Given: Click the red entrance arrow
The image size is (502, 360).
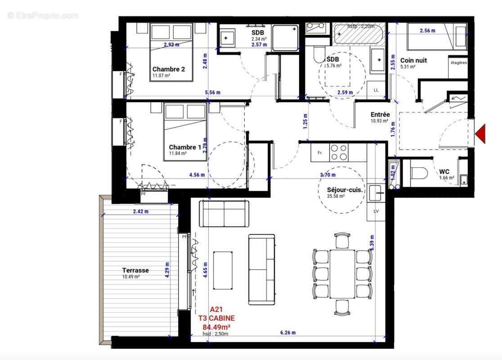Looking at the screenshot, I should pos(481,134).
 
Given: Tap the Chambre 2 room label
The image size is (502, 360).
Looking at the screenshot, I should pos(169,69).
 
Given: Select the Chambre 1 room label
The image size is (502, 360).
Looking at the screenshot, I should pos(185,147).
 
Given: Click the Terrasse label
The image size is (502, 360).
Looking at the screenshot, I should pos(135,270).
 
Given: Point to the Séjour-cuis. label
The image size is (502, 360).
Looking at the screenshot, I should pos(345,190).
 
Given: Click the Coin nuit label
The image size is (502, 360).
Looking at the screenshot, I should pos(413,60).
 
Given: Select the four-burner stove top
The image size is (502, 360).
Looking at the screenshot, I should pos(338,152).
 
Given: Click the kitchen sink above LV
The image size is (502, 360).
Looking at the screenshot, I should pos(376,193).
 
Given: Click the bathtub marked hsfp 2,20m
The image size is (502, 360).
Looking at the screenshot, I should pos(359,34).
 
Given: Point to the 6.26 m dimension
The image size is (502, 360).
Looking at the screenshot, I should pos(288,333).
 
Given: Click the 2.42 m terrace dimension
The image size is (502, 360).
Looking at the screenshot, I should pos(141,211).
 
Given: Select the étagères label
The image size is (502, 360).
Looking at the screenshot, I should pos(458,63).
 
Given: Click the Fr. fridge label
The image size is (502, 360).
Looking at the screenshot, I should pos(320,153).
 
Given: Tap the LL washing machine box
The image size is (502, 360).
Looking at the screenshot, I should pos(376,90).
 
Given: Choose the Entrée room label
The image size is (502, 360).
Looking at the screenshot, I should pos(380,115).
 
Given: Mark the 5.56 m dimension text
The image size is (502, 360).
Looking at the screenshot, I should pos(212,92).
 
